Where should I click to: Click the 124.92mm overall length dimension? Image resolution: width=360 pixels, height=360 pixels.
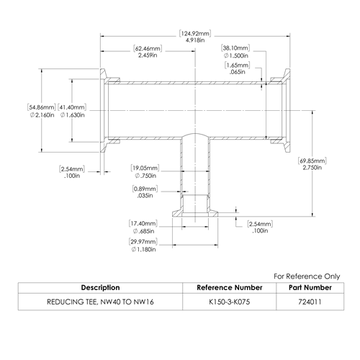pyautogui.click(x=195, y=37)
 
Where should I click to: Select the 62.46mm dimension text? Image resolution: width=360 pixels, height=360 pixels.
pyautogui.click(x=148, y=52)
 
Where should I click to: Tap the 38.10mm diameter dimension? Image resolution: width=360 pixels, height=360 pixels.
pyautogui.click(x=235, y=52)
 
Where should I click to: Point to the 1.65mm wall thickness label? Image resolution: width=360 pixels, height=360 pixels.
pyautogui.click(x=237, y=68)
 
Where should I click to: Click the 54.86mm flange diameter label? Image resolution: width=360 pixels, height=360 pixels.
pyautogui.click(x=42, y=111)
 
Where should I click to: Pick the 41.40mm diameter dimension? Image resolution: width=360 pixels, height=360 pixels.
pyautogui.click(x=72, y=111)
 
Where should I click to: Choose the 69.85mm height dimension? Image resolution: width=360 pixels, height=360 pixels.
pyautogui.click(x=312, y=164)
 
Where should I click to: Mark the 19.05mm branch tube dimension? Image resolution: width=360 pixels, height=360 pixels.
pyautogui.click(x=145, y=171)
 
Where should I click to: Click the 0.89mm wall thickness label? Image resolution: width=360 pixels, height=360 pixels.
pyautogui.click(x=145, y=192)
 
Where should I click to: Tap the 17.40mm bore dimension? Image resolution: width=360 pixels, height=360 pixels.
pyautogui.click(x=143, y=227)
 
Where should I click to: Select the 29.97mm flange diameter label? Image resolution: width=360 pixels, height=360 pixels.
pyautogui.click(x=143, y=246)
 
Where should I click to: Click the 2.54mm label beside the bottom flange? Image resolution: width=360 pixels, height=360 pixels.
pyautogui.click(x=260, y=228)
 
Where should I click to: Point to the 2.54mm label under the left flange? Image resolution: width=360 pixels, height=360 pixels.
pyautogui.click(x=72, y=172)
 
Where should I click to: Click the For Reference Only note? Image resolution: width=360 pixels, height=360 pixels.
pyautogui.click(x=307, y=276)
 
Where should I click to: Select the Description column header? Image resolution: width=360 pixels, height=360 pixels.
pyautogui.click(x=100, y=287)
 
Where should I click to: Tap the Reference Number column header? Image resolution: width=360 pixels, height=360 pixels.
pyautogui.click(x=230, y=287)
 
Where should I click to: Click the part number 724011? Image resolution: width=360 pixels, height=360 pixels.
pyautogui.click(x=310, y=302)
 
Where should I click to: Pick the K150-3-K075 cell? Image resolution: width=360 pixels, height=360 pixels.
pyautogui.click(x=230, y=302)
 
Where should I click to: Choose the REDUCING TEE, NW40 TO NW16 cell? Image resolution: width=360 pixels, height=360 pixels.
pyautogui.click(x=100, y=302)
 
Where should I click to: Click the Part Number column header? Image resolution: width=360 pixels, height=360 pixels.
pyautogui.click(x=310, y=287)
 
